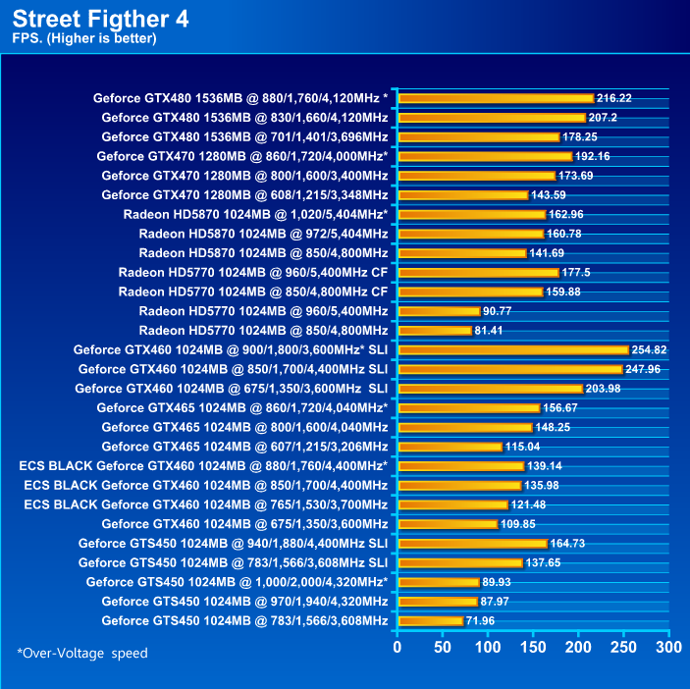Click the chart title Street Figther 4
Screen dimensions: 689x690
(x=101, y=18)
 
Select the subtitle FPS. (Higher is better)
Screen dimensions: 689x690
(x=84, y=38)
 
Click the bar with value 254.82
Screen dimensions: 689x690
(x=512, y=349)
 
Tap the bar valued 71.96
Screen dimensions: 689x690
(x=430, y=620)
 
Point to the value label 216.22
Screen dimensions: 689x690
(x=614, y=98)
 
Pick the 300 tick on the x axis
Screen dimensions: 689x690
(x=668, y=648)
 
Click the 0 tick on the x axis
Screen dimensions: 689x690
(x=398, y=648)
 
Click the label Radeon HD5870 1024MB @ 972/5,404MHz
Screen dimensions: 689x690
(x=263, y=234)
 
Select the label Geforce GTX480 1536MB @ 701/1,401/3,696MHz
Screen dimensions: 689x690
(x=244, y=136)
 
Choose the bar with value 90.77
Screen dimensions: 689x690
(x=439, y=311)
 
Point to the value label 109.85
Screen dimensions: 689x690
(x=520, y=524)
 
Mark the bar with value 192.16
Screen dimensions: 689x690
(x=485, y=156)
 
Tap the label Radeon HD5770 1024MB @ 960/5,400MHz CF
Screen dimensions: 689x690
(x=253, y=272)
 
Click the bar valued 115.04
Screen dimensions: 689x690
(x=450, y=447)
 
